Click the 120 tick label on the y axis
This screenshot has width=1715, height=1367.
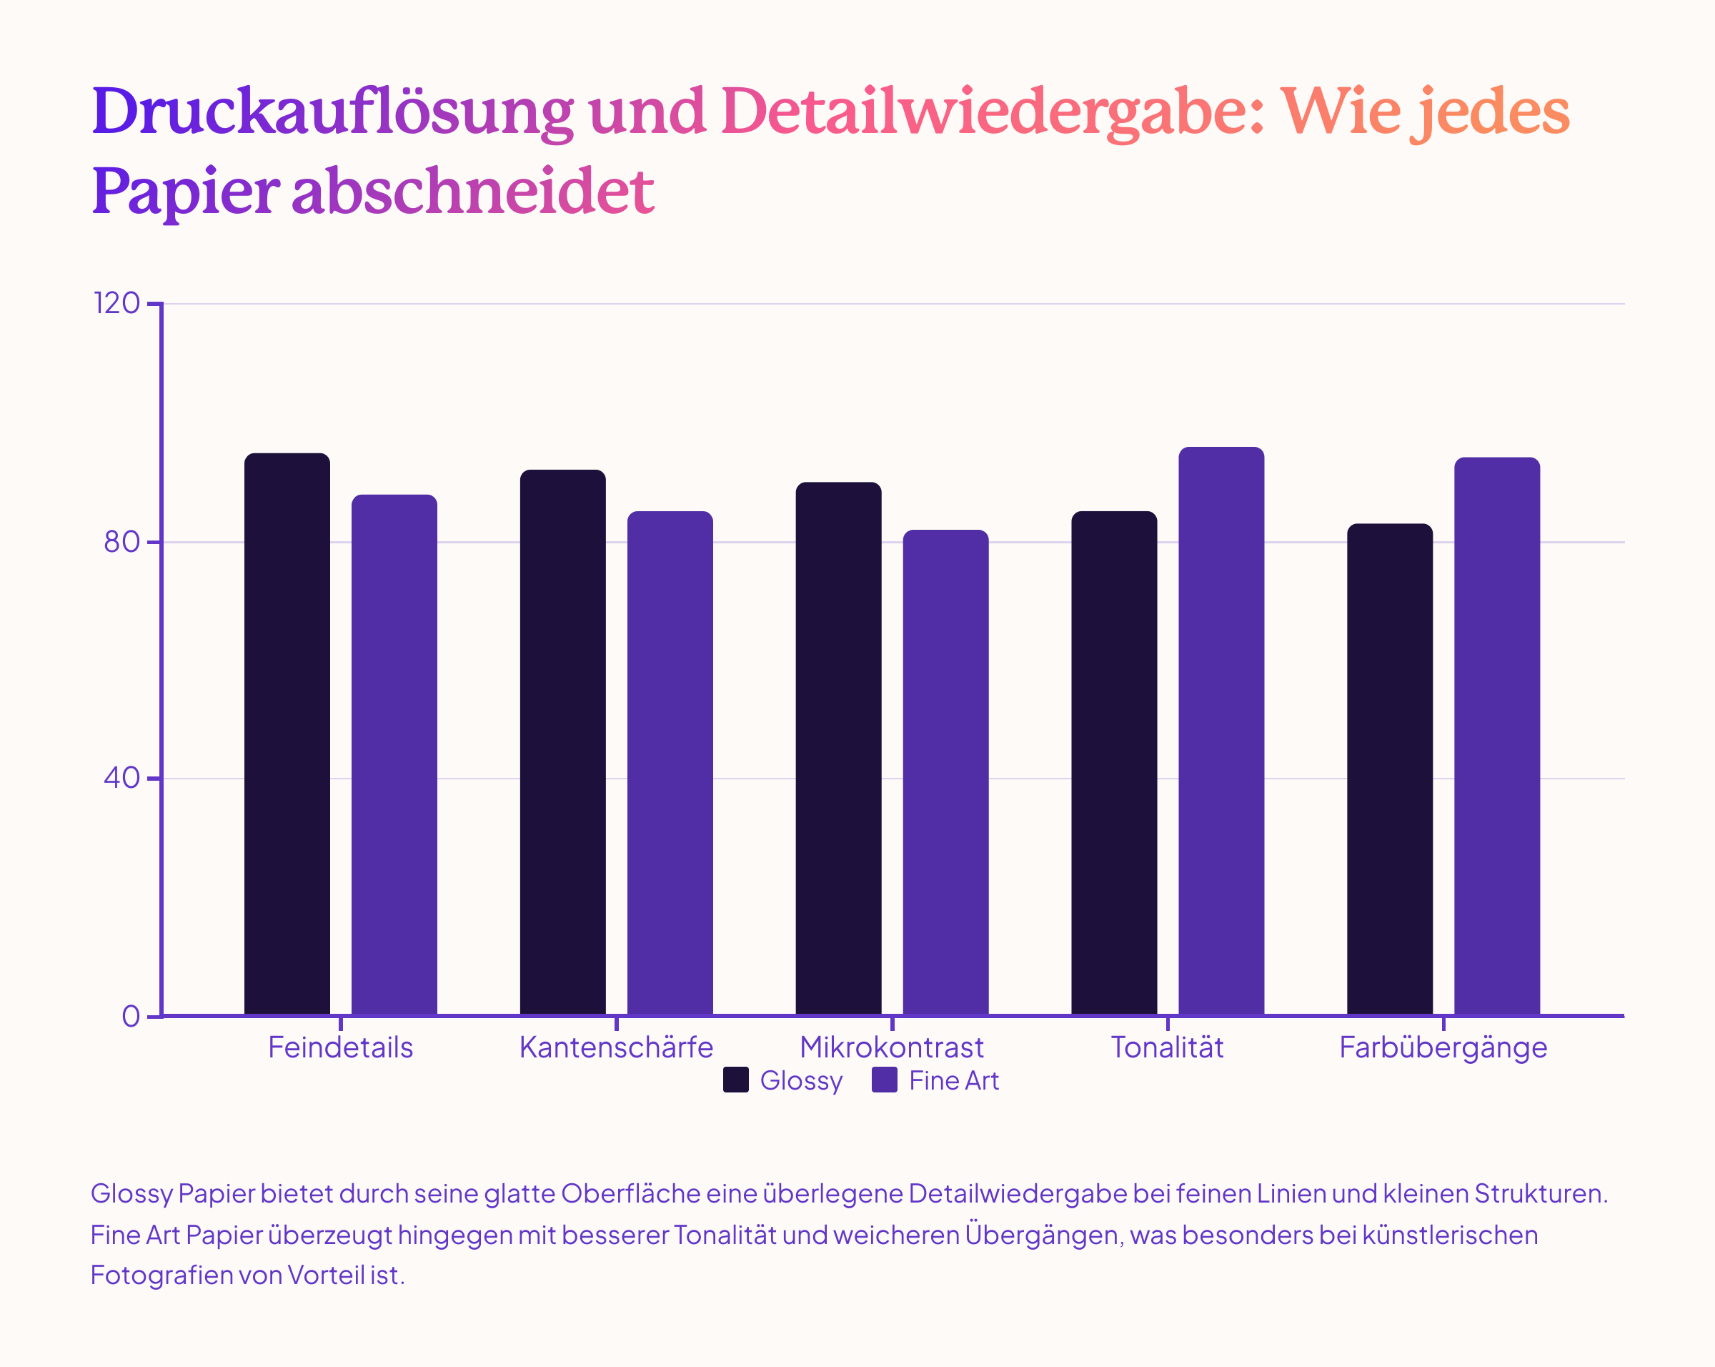pyautogui.click(x=117, y=303)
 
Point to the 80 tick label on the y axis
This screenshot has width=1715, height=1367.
pyautogui.click(x=121, y=542)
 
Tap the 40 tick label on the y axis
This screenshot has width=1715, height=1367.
pyautogui.click(x=121, y=778)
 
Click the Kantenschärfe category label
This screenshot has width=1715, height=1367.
pyautogui.click(x=617, y=1048)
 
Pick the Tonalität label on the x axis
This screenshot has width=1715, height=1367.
pyautogui.click(x=1167, y=1048)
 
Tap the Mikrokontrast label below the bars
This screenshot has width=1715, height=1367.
pyautogui.click(x=892, y=1048)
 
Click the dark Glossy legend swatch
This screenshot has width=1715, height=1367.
pyautogui.click(x=736, y=1080)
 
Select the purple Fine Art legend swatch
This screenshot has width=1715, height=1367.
pyautogui.click(x=885, y=1080)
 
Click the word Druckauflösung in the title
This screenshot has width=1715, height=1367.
pyautogui.click(x=332, y=112)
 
